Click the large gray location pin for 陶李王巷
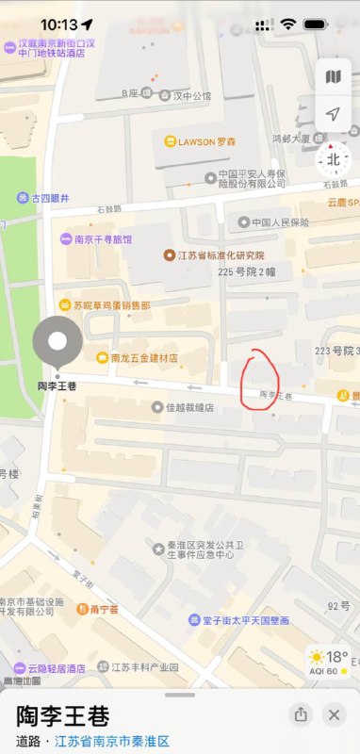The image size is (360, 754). pyautogui.click(x=57, y=343)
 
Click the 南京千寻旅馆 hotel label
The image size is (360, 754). pyautogui.click(x=96, y=239)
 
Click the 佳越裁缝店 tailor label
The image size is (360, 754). pyautogui.click(x=183, y=408)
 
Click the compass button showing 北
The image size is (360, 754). pyautogui.click(x=333, y=160)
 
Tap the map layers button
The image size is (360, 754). pyautogui.click(x=333, y=77)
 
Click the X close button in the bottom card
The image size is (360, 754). pyautogui.click(x=333, y=714)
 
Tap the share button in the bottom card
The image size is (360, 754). pyautogui.click(x=300, y=714)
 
